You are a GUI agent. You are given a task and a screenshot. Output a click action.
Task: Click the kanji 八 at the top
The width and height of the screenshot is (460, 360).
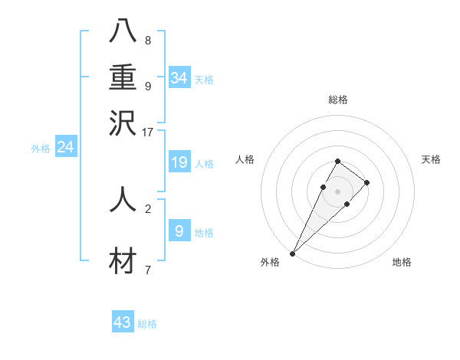123,31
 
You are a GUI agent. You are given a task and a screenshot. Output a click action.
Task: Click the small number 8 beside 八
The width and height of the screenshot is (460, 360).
148,40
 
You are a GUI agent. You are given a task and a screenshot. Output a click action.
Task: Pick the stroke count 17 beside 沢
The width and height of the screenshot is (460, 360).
147,132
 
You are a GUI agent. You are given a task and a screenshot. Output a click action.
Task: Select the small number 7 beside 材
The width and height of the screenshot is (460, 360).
148,270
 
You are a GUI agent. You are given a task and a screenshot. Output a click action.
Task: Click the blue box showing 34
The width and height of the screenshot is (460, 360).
179,78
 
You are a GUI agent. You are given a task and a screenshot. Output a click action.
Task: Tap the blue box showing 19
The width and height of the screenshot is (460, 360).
179,162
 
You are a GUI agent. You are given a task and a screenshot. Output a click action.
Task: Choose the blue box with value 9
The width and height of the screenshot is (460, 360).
179,231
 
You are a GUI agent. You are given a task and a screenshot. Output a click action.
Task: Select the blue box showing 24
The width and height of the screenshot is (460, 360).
65,147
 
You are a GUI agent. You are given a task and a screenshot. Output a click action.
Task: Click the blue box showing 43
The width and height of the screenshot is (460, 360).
123,322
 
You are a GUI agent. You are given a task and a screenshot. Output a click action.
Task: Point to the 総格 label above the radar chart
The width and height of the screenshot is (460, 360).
337,100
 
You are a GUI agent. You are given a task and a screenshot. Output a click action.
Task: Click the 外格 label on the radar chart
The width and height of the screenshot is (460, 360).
270,262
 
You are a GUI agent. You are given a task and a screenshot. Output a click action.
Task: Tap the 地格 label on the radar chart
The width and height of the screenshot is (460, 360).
402,262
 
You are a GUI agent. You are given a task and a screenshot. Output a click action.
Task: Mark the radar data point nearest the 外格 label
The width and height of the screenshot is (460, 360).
292,254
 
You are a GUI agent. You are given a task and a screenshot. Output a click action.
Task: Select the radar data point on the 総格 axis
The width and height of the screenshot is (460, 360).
337,161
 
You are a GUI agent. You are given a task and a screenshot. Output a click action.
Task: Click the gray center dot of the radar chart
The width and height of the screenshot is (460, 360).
337,191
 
